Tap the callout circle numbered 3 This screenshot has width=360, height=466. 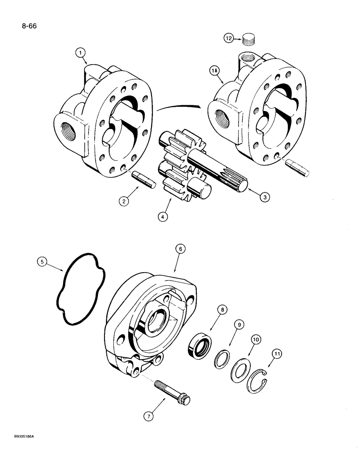[264, 197]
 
